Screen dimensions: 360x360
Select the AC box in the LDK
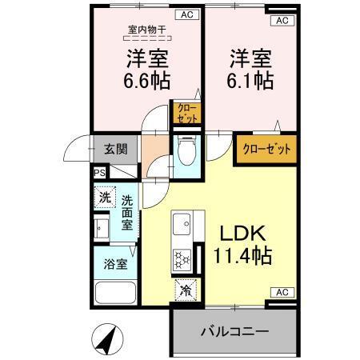click(281, 293)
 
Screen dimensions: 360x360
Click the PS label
click(99, 172)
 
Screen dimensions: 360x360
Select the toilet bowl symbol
click(186, 149)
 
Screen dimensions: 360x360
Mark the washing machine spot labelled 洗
click(104, 197)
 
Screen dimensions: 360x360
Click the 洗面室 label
click(127, 212)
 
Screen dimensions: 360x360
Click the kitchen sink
click(181, 225)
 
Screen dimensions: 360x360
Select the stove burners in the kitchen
click(180, 259)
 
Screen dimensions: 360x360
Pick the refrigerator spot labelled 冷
click(184, 290)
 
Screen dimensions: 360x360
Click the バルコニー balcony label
click(234, 331)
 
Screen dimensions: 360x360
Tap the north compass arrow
click(109, 339)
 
